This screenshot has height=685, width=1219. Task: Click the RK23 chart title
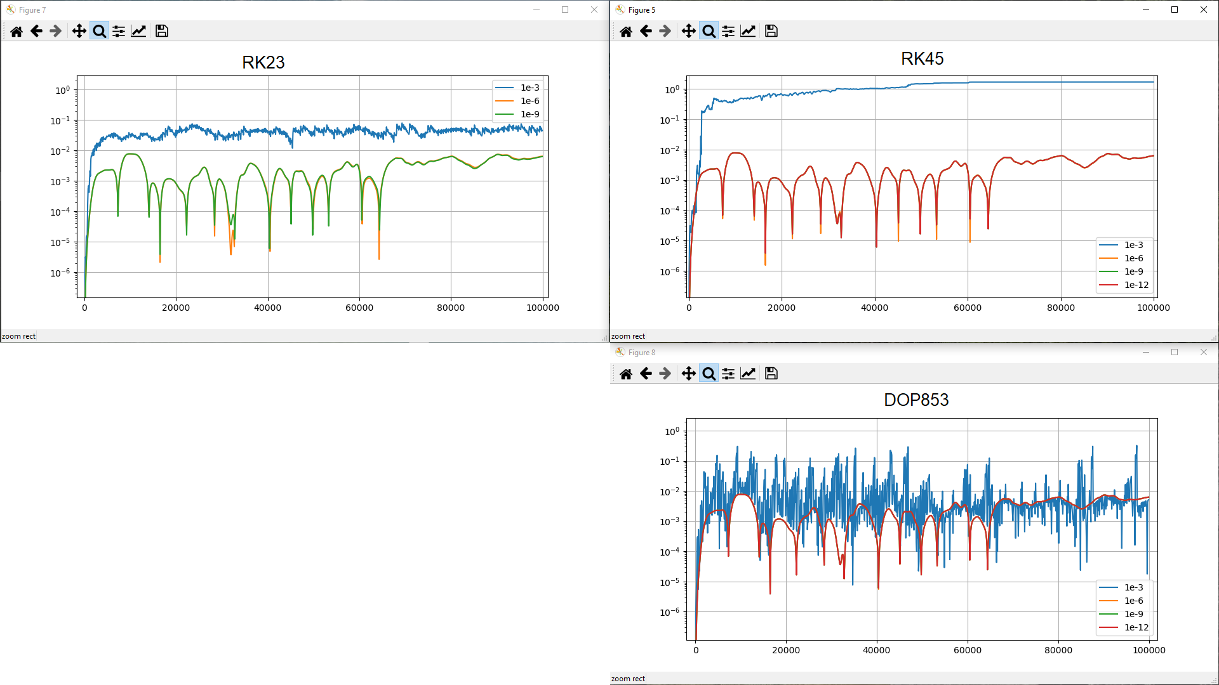click(263, 62)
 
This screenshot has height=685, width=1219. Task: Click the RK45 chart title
click(922, 58)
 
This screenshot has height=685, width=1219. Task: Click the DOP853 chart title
click(916, 400)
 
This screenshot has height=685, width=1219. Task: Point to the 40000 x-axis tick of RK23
click(267, 308)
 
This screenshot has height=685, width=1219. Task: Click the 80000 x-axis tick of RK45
click(1060, 308)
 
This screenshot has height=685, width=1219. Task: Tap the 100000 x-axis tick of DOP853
click(1149, 650)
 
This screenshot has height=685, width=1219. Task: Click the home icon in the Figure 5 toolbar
click(625, 31)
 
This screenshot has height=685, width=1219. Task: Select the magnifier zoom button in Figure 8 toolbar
click(709, 374)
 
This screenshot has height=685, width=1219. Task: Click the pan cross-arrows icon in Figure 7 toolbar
click(79, 31)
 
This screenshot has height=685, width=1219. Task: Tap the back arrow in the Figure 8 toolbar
click(646, 374)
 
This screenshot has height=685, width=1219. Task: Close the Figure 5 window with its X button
click(1203, 10)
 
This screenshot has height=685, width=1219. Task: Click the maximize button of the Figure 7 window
click(565, 10)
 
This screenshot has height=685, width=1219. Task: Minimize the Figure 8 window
click(1145, 352)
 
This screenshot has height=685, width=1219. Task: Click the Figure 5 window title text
click(641, 10)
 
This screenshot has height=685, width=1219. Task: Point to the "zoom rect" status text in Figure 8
click(628, 679)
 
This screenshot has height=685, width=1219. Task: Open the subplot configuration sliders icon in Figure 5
click(728, 31)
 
